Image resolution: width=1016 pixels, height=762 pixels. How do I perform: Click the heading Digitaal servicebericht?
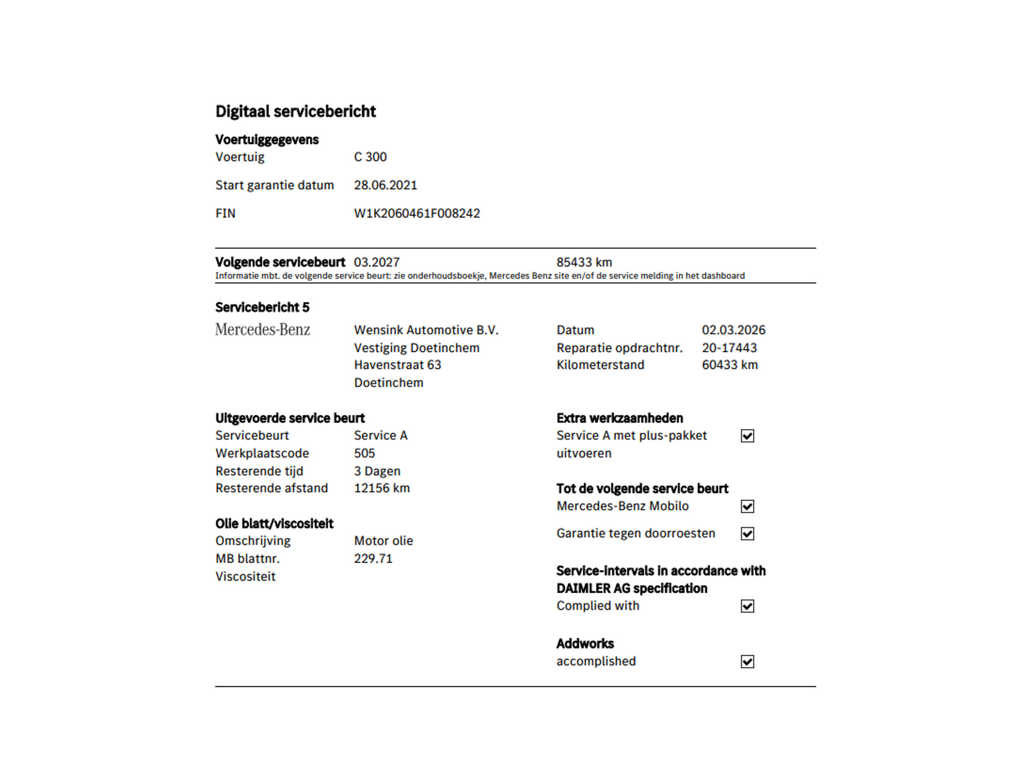tap(295, 112)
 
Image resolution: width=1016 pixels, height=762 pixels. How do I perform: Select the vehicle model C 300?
tap(370, 157)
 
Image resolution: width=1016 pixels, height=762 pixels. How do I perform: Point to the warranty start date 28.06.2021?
tap(385, 185)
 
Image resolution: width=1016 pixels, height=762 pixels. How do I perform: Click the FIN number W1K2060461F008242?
tap(417, 213)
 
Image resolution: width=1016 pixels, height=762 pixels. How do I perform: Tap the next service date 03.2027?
tap(377, 262)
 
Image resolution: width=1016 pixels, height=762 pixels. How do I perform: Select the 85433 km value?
tap(584, 262)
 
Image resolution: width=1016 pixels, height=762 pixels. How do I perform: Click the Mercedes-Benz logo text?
tap(262, 330)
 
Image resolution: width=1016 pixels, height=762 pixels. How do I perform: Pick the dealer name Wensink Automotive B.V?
tap(427, 330)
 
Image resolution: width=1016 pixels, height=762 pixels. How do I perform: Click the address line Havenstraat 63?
tap(397, 365)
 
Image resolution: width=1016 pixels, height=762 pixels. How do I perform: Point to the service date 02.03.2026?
tap(733, 330)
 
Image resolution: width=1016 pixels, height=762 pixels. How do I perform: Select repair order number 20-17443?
tap(729, 348)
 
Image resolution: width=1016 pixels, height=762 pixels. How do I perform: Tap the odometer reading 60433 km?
tap(730, 365)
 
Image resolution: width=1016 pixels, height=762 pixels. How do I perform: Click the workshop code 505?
tap(365, 453)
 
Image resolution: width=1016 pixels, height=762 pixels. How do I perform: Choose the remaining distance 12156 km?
tap(382, 488)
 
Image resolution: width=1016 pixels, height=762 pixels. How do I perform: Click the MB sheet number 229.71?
tap(373, 559)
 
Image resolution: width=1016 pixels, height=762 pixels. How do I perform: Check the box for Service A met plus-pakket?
tap(747, 436)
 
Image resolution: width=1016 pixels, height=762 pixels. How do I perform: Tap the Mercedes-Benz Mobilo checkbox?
tap(747, 506)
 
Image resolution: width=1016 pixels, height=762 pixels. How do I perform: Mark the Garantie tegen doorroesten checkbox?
tap(747, 534)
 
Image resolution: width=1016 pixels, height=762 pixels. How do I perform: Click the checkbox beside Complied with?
tap(747, 606)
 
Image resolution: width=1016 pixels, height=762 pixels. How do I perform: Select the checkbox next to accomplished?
tap(747, 662)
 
